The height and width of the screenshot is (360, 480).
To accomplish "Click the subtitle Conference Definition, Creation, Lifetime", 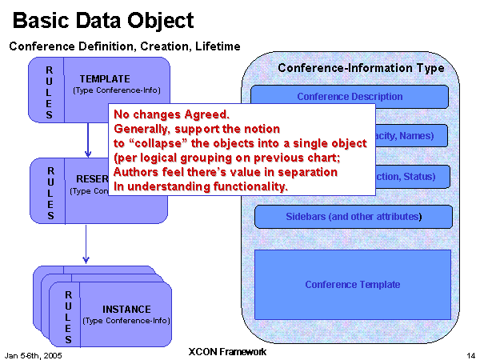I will click(125, 46).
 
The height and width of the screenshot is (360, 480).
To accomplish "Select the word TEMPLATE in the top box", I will click(104, 79).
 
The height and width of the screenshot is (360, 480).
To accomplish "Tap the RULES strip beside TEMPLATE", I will click(48, 90).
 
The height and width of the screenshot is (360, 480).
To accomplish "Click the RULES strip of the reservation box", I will click(50, 192).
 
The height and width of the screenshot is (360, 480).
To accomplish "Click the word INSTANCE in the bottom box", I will click(126, 309).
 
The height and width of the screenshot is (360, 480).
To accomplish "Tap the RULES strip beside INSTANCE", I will click(69, 317).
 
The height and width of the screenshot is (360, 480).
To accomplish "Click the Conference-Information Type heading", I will click(361, 68).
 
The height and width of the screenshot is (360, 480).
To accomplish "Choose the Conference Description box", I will click(350, 97).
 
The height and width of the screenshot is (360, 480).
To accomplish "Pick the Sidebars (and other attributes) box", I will click(354, 217).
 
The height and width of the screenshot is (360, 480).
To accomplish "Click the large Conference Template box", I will click(353, 285).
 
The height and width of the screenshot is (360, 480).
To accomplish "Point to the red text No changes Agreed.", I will click(172, 114).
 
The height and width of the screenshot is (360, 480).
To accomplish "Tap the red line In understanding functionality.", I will click(201, 186).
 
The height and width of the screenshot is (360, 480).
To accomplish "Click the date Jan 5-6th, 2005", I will click(34, 354).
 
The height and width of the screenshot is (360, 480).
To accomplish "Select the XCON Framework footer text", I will click(226, 351).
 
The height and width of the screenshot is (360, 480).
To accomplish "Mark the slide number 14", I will click(470, 354).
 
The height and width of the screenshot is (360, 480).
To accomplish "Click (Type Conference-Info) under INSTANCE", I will click(126, 321).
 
